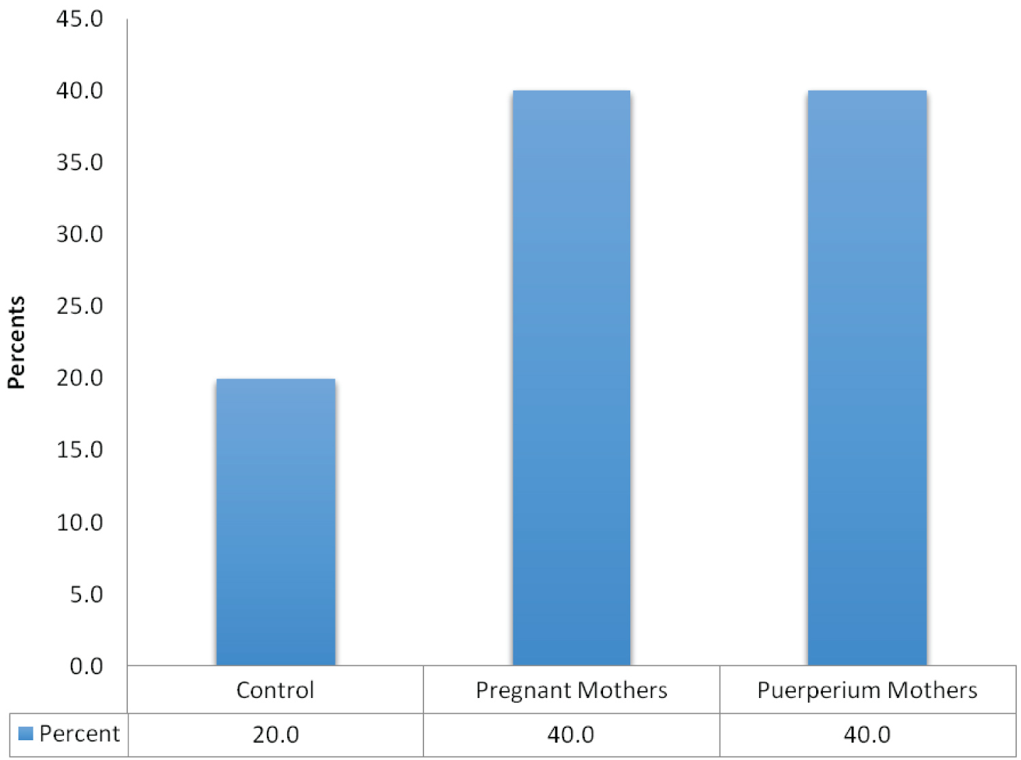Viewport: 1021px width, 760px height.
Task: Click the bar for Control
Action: [276, 522]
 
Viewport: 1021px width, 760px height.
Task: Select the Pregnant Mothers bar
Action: [572, 378]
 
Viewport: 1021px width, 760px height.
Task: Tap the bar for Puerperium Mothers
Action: [867, 378]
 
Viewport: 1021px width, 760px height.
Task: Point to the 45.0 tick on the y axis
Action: [80, 19]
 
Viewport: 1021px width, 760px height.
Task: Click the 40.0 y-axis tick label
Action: [80, 91]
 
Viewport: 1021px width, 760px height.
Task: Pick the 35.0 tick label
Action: [80, 163]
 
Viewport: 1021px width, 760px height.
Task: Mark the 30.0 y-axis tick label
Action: [80, 234]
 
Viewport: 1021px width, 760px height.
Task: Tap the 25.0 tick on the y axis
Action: [80, 306]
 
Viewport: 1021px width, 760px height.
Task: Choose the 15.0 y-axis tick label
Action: [80, 450]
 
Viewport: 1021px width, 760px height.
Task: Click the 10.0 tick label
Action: [80, 522]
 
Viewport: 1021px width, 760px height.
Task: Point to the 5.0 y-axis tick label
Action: [86, 595]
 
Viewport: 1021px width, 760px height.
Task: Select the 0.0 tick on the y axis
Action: [86, 666]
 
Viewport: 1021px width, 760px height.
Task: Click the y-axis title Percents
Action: [16, 343]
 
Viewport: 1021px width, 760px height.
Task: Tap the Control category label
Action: [275, 691]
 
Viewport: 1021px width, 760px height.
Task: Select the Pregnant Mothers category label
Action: [572, 691]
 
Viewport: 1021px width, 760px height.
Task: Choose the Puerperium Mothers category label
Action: [867, 691]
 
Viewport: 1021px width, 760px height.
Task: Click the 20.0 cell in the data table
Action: [276, 735]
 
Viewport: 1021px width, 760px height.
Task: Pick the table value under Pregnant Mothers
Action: [571, 735]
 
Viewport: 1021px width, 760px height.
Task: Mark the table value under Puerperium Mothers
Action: [867, 735]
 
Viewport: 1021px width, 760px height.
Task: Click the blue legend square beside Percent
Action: [26, 733]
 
